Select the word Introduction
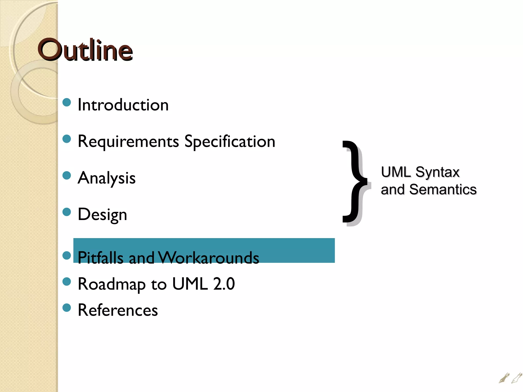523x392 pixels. pyautogui.click(x=123, y=105)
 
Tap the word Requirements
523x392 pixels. pyautogui.click(x=128, y=142)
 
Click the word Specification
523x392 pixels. pyautogui.click(x=230, y=142)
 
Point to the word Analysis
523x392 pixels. pyautogui.click(x=106, y=178)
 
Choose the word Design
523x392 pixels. pyautogui.click(x=102, y=215)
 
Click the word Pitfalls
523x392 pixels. pyautogui.click(x=100, y=258)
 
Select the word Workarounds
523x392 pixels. pyautogui.click(x=209, y=258)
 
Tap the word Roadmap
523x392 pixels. pyautogui.click(x=112, y=284)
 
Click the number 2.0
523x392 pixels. pyautogui.click(x=224, y=284)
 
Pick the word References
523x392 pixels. pyautogui.click(x=118, y=310)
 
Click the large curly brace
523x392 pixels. pyautogui.click(x=355, y=182)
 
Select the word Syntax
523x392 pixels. pyautogui.click(x=437, y=172)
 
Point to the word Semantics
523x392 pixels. pyautogui.click(x=443, y=190)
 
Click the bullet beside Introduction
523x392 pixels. pyautogui.click(x=67, y=102)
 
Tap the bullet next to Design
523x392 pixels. pyautogui.click(x=67, y=212)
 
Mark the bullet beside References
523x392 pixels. pyautogui.click(x=67, y=308)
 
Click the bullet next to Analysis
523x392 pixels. pyautogui.click(x=67, y=175)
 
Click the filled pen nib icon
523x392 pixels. pyautogui.click(x=504, y=378)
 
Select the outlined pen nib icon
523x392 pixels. pyautogui.click(x=517, y=378)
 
